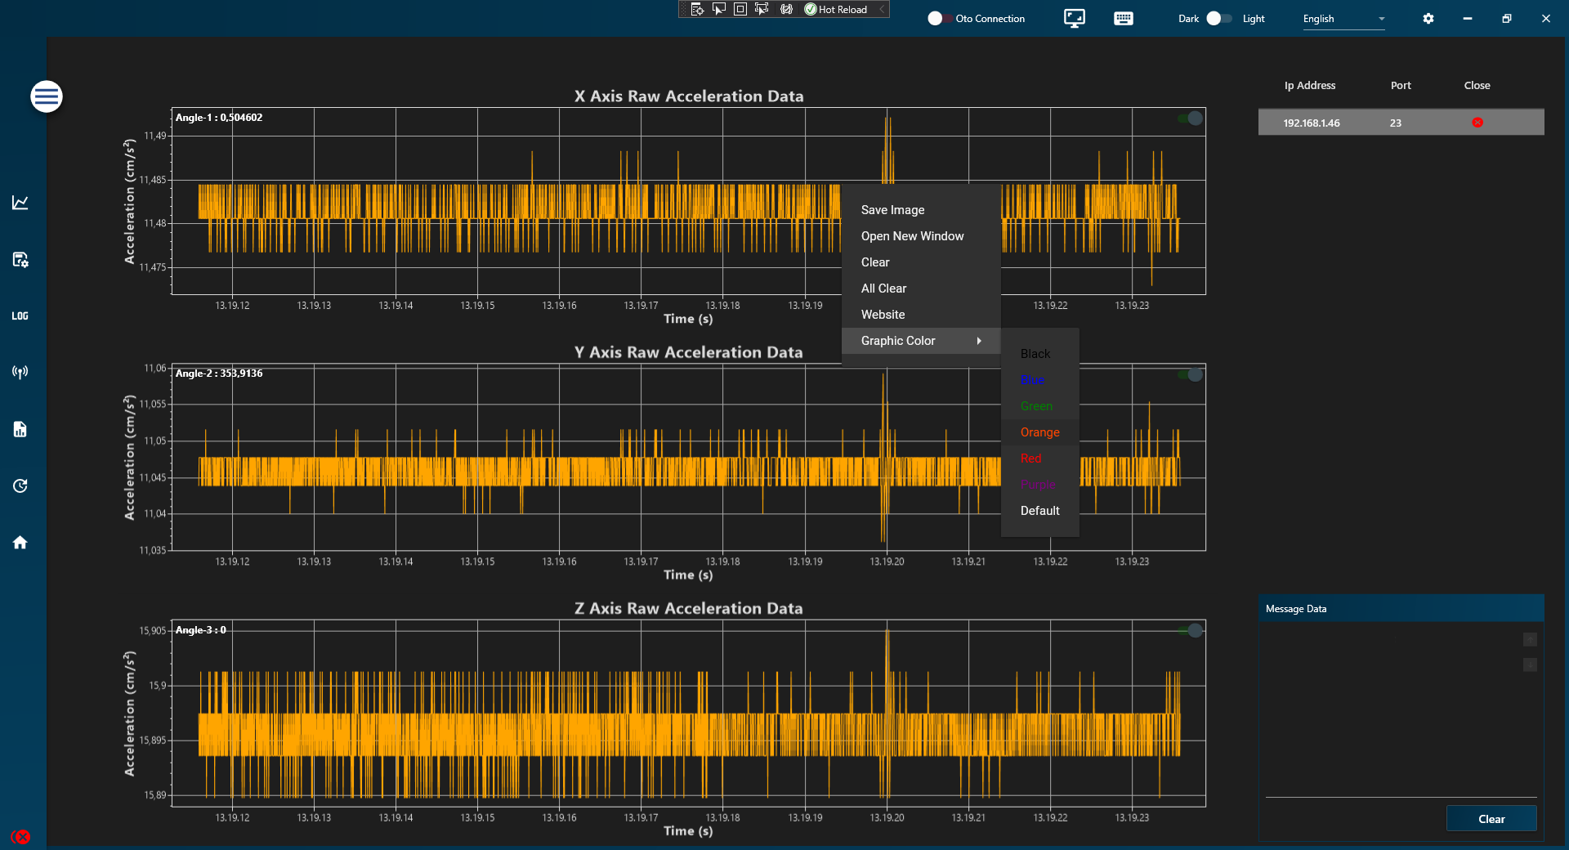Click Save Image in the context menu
[892, 210]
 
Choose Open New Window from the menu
[912, 236]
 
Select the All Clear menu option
[883, 289]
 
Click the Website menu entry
[883, 315]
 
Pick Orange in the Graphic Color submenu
[1039, 432]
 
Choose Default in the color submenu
[1039, 511]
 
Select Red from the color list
[1030, 459]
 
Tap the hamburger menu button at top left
[47, 96]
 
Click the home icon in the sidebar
[20, 543]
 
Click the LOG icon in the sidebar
[20, 316]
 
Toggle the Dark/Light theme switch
[1219, 19]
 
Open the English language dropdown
[1343, 19]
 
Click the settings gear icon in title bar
[1428, 19]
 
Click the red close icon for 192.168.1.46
[1477, 123]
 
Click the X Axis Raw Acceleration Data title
[688, 96]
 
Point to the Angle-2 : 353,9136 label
[219, 374]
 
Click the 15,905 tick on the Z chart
[153, 631]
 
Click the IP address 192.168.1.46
[1311, 123]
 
